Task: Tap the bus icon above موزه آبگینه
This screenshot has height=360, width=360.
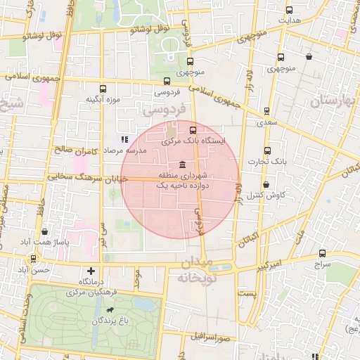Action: (x=103, y=89)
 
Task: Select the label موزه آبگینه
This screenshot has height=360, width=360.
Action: (x=103, y=99)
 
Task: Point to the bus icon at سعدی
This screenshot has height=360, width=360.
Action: (x=266, y=111)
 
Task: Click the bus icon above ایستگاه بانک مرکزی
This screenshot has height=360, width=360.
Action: (x=194, y=129)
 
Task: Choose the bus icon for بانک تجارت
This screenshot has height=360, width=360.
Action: (x=266, y=150)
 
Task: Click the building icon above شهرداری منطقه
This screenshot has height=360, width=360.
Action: (x=183, y=163)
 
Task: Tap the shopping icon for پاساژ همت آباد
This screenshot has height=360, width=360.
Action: (x=46, y=231)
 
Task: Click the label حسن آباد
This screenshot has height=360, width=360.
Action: (x=34, y=270)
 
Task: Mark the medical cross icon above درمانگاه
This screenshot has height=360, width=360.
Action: (x=91, y=270)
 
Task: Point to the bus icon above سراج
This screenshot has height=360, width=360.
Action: (x=322, y=253)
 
